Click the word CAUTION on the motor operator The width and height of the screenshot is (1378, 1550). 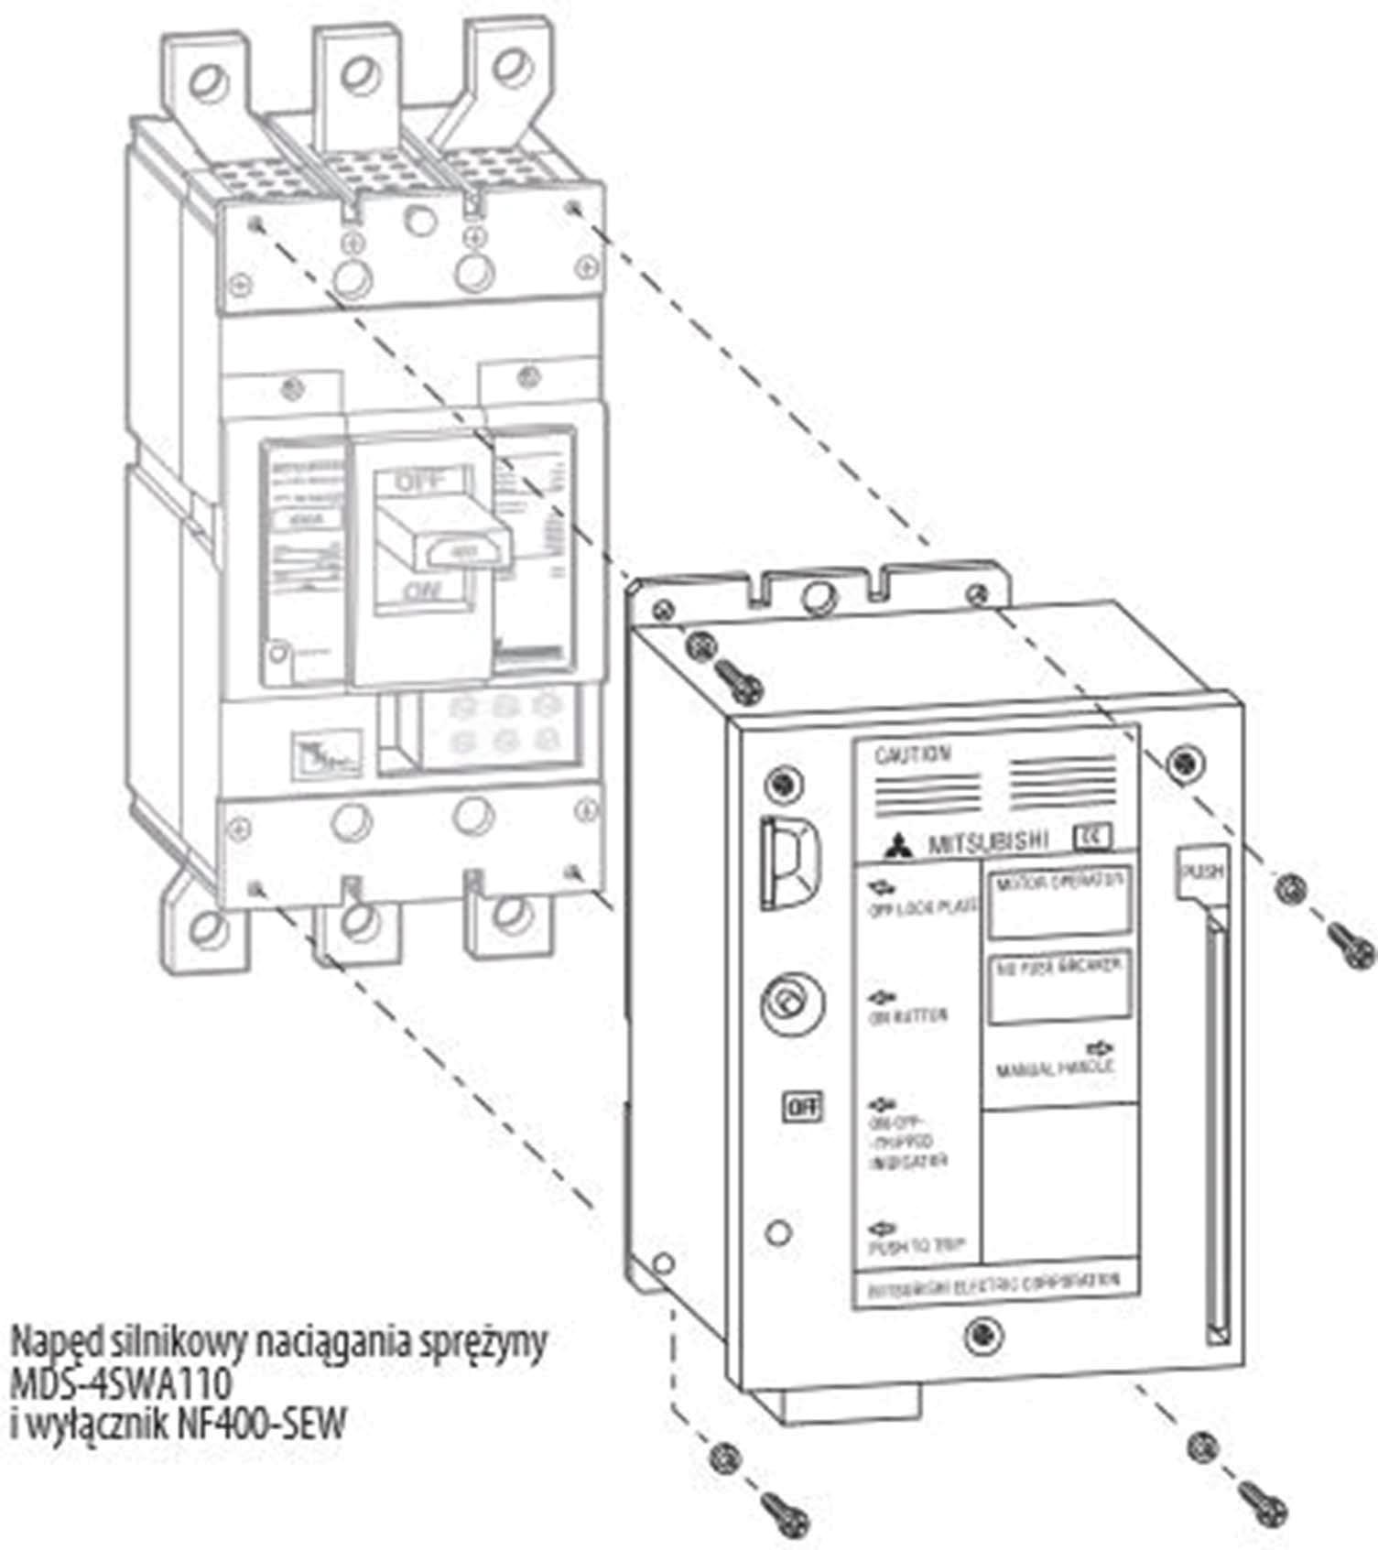tap(913, 755)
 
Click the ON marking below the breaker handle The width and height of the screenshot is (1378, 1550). tap(422, 592)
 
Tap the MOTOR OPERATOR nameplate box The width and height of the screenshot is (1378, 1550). tap(1059, 901)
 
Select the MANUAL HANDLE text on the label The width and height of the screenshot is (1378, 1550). tap(1055, 1068)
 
